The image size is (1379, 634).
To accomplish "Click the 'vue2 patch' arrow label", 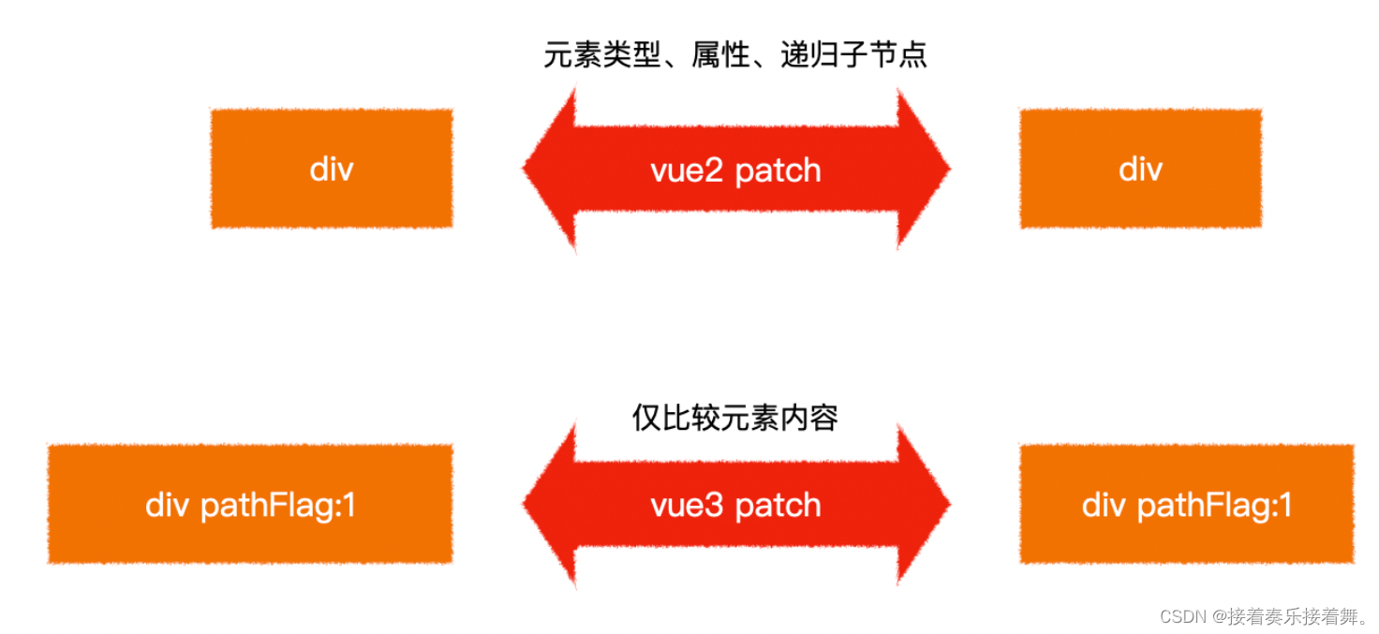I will (735, 170).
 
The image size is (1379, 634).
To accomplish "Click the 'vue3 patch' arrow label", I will (735, 506).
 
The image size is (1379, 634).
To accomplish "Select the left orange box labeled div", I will (332, 169).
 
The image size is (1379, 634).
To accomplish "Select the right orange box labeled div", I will (1140, 169).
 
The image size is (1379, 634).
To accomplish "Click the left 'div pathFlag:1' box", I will (250, 505).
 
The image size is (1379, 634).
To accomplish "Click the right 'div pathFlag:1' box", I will (1186, 505).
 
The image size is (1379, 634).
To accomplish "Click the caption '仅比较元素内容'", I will (735, 418).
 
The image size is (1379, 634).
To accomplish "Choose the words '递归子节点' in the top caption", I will (853, 55).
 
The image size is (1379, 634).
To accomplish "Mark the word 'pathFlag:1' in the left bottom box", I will (278, 506).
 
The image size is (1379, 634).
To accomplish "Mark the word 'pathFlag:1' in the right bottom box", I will (1214, 506).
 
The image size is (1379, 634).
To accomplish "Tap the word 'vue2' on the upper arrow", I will (689, 170).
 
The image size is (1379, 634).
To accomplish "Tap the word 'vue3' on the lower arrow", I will (689, 506).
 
